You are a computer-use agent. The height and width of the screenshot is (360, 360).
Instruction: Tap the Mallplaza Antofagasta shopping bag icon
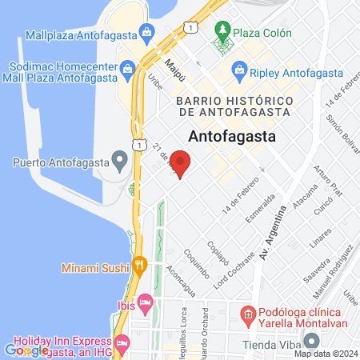(x=146, y=34)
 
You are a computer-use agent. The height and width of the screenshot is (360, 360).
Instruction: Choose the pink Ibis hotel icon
(x=145, y=302)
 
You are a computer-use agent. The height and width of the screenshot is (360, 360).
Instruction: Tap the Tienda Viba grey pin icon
(x=230, y=346)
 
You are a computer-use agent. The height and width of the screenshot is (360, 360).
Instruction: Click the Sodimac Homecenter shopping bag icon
(x=127, y=70)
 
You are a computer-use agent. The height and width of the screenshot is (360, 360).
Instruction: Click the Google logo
(x=26, y=350)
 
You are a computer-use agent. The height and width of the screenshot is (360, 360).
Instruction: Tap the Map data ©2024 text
(x=326, y=354)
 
